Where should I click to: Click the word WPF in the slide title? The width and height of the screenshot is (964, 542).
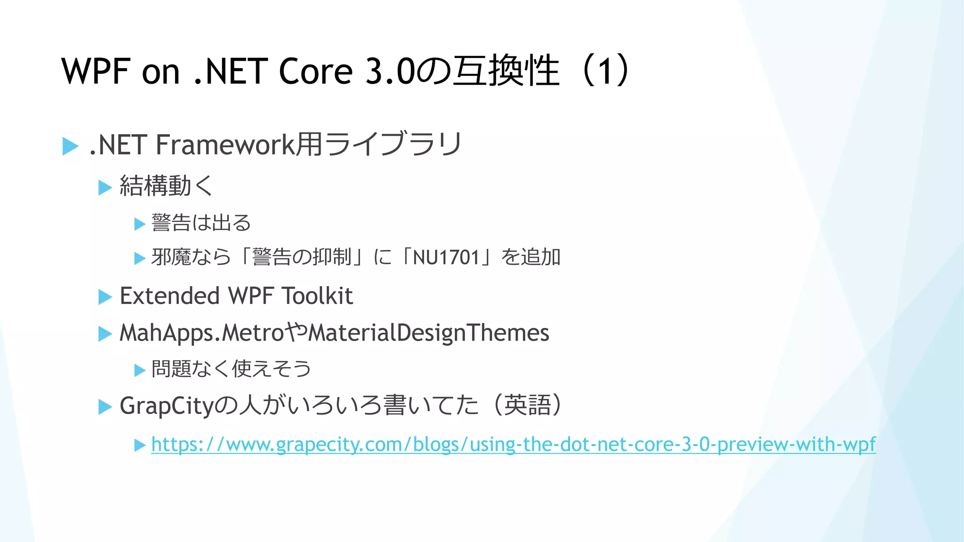click(96, 72)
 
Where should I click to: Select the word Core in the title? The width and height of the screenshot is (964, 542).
click(315, 72)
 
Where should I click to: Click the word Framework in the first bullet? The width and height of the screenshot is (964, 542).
click(225, 144)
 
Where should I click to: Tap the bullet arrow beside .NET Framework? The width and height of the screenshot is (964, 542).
click(70, 146)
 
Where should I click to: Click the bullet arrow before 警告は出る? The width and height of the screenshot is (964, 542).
click(140, 223)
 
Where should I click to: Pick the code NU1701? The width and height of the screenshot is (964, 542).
click(446, 257)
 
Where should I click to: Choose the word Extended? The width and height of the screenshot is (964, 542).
click(169, 296)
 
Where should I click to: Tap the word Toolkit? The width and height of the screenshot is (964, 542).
click(317, 296)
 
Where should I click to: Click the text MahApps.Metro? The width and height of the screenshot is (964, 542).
click(201, 333)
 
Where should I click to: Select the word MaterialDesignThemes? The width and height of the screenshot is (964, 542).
click(428, 333)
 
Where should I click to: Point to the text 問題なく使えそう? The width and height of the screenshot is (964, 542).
click(231, 368)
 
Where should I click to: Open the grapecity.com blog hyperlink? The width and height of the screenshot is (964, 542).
click(513, 444)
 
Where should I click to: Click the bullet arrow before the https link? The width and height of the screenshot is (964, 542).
click(140, 445)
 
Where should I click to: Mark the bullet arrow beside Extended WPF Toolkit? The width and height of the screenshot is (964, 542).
click(105, 297)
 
